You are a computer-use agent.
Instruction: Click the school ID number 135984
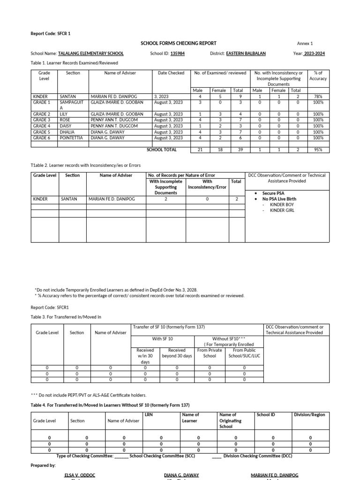[177, 53]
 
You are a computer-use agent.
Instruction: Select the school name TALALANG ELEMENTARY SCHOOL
[90, 53]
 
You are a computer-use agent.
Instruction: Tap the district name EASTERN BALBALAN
[246, 53]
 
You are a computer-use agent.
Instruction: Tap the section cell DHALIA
[67, 132]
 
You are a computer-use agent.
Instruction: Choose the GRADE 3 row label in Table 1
[42, 120]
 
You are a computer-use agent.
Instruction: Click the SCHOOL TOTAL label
[162, 150]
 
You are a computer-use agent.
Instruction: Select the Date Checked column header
[171, 73]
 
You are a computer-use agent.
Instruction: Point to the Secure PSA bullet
[273, 193]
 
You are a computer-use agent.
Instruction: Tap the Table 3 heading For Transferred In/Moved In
[66, 317]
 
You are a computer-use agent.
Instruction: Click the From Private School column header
[210, 353]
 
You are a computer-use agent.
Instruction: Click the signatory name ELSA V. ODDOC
[80, 475]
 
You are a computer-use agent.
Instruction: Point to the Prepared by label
[43, 465]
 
